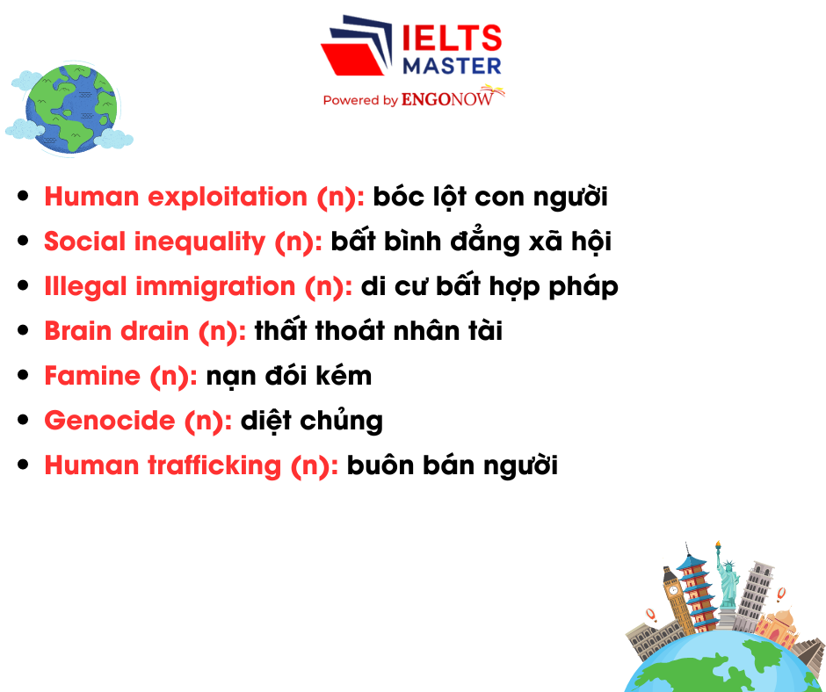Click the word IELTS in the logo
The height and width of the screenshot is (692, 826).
pyautogui.click(x=452, y=39)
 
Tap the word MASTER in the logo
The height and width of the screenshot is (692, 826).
pyautogui.click(x=452, y=65)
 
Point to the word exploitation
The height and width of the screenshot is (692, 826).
pyautogui.click(x=229, y=197)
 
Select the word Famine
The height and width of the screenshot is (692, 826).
pyautogui.click(x=92, y=376)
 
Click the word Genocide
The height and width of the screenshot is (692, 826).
pyautogui.click(x=110, y=421)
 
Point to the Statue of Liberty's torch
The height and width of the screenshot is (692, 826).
pyautogui.click(x=717, y=546)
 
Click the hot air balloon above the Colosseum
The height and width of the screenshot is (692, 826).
pyautogui.click(x=651, y=614)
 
